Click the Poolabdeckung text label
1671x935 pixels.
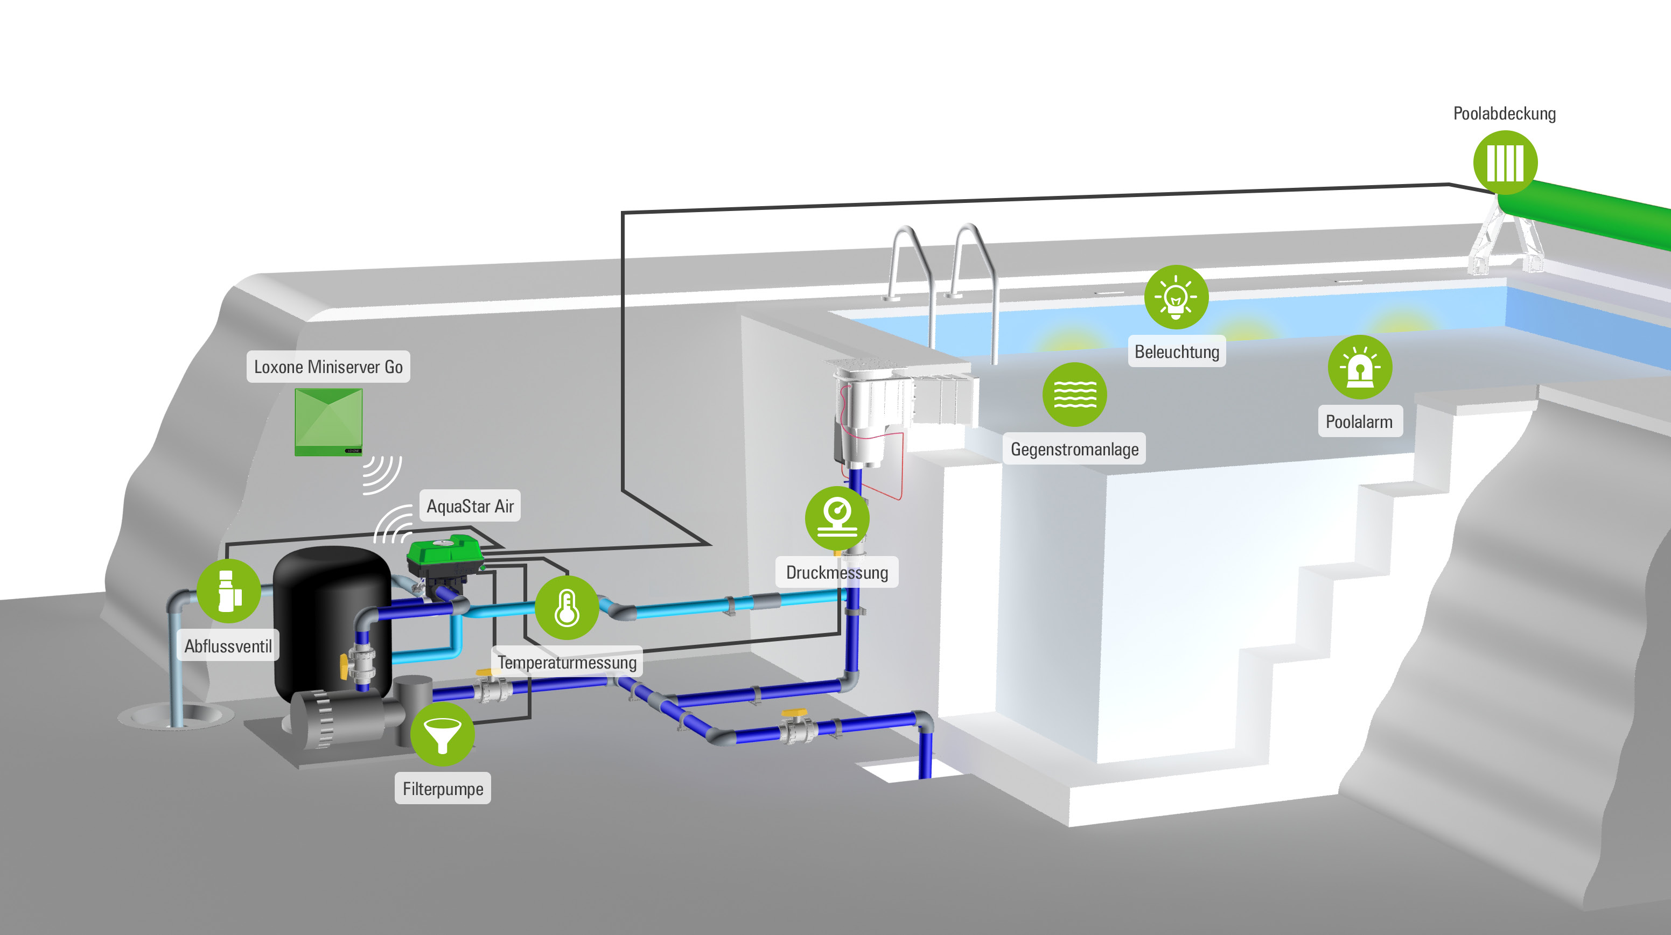tap(1504, 114)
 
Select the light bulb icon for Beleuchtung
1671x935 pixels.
tap(1176, 297)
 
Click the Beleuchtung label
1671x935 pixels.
tap(1176, 352)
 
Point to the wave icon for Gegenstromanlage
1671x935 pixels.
tap(1074, 394)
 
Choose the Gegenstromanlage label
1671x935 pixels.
tap(1074, 449)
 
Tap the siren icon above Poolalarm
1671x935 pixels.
tap(1360, 367)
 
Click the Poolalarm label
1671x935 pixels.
tap(1359, 421)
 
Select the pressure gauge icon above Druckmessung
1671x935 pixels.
tap(837, 517)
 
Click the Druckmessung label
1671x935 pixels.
tap(837, 573)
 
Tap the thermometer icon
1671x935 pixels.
tap(567, 608)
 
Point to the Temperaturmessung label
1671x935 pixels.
tap(567, 662)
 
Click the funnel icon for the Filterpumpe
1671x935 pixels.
tap(443, 734)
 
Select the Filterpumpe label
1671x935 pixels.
tap(443, 789)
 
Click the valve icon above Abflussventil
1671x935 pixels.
tap(228, 590)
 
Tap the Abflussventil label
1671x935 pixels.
tap(228, 646)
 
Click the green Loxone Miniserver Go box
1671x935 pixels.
tap(328, 421)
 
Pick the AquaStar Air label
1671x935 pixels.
tap(470, 506)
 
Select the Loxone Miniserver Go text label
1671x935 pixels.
tap(328, 367)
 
